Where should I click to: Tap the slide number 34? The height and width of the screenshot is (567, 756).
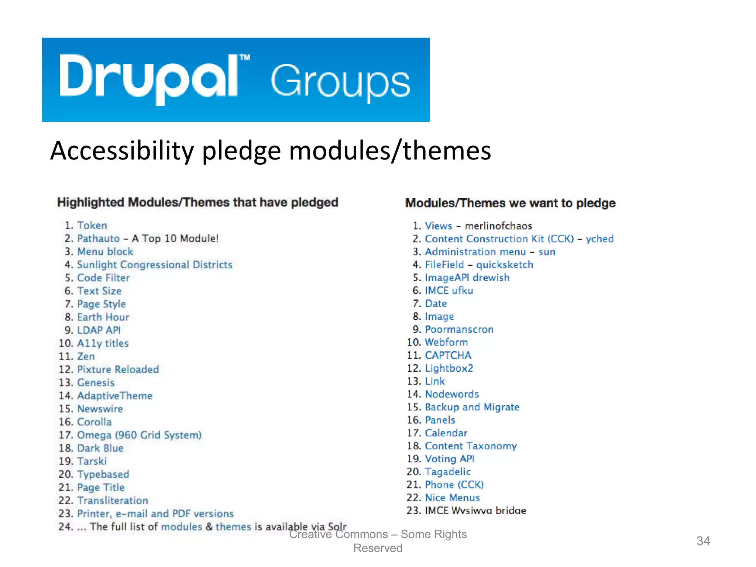point(703,541)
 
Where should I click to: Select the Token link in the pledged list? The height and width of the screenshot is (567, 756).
point(92,226)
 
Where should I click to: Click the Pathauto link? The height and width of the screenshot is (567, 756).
point(98,238)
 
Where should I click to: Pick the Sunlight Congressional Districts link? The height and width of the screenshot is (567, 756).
point(154,265)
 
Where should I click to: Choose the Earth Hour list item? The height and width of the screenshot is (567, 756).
point(103,317)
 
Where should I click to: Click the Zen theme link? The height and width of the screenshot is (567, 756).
point(86,356)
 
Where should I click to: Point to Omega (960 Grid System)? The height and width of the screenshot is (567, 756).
point(139,435)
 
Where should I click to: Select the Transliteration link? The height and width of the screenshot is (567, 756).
point(113,501)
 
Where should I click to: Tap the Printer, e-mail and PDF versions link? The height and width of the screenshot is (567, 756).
point(155,513)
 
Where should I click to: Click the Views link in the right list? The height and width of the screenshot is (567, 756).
point(438,226)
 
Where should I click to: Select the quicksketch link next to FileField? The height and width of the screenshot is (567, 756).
point(504,265)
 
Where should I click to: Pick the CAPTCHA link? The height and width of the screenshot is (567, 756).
point(448,355)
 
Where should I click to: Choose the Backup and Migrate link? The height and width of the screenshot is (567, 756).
point(472,407)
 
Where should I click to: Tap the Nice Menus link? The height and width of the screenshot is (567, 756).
point(452,498)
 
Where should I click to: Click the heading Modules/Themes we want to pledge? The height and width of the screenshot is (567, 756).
point(510,203)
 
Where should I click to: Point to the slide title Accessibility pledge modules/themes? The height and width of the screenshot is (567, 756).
point(271,151)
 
